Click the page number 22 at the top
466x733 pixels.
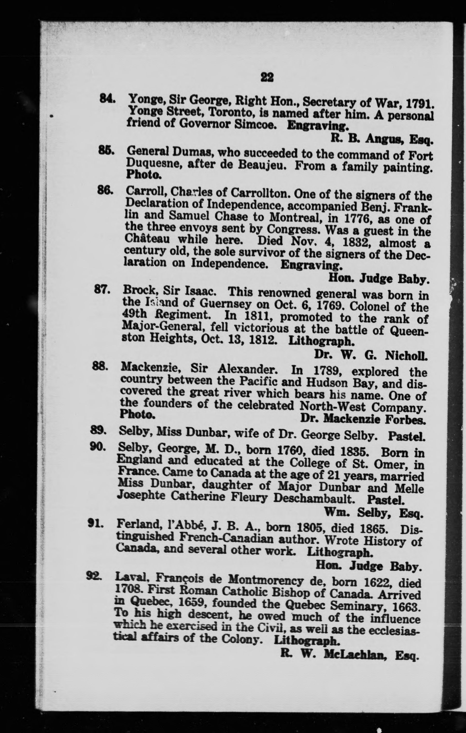[267, 78]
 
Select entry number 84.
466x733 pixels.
[106, 99]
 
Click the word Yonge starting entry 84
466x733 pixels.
[146, 100]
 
